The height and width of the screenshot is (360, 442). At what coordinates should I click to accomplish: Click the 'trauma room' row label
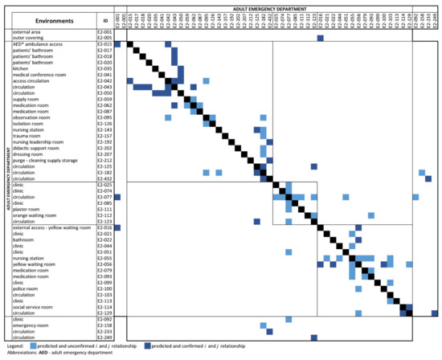[27, 136]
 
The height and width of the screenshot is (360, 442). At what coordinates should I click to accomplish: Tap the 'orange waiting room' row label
[35, 215]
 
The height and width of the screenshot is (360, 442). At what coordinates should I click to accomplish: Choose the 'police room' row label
[26, 288]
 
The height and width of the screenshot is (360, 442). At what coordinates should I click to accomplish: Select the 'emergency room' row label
[30, 325]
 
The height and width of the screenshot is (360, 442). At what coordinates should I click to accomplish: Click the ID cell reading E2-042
[104, 81]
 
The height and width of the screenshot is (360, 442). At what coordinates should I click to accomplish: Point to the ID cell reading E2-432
[104, 178]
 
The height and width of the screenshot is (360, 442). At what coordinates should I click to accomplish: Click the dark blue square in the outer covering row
[320, 38]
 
